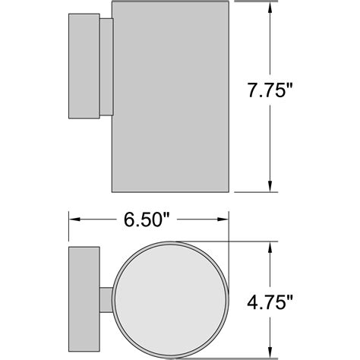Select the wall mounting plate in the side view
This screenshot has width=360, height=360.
tap(83, 67)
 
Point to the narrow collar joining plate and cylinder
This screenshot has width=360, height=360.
tap(107, 67)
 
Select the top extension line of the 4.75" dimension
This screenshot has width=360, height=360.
tap(251, 241)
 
